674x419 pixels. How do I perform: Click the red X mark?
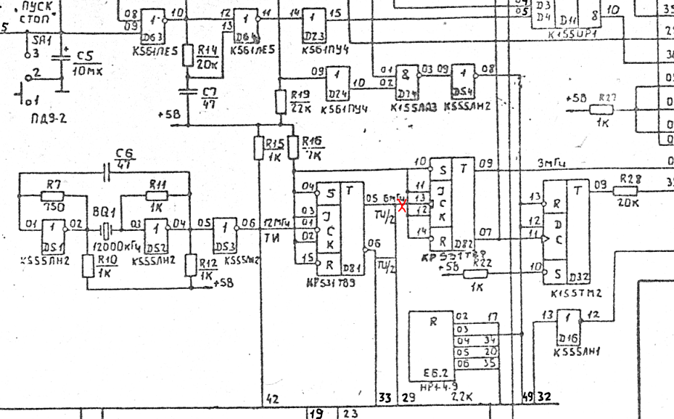click(x=401, y=206)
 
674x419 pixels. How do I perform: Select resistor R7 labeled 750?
click(x=52, y=195)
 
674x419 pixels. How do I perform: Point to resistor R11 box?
click(x=157, y=195)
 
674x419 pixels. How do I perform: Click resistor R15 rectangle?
click(x=260, y=148)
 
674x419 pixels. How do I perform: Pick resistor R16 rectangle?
click(x=293, y=147)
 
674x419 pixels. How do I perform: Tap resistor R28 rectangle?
click(x=626, y=190)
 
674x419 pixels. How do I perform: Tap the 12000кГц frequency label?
click(x=117, y=246)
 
